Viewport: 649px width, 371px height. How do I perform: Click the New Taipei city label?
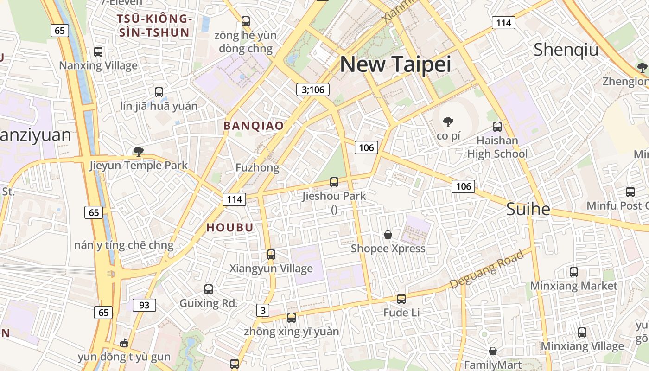[x=395, y=64]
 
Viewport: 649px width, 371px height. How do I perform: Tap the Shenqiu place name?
[x=566, y=50]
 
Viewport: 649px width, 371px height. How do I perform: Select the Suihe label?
[x=528, y=209]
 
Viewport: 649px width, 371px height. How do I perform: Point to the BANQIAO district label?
[x=254, y=126]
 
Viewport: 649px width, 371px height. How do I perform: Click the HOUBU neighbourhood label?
[x=230, y=227]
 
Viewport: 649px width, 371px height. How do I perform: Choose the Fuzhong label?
[x=257, y=167]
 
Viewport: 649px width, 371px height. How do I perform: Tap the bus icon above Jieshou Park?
[x=334, y=182]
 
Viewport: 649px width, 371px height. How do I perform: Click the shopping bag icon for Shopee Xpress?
[x=388, y=235]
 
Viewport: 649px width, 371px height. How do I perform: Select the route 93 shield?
[x=144, y=305]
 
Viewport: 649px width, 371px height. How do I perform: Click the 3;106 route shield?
[x=313, y=90]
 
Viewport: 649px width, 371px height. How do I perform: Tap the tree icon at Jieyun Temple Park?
[x=138, y=151]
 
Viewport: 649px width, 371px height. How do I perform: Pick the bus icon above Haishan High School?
[x=497, y=126]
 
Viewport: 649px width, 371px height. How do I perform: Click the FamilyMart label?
[x=493, y=365]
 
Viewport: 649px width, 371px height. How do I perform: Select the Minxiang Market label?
[x=573, y=286]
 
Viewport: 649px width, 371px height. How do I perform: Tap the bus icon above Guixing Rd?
[x=209, y=289]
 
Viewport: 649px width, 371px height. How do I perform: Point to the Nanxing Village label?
[x=98, y=65]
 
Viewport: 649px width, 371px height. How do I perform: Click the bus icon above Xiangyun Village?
[x=271, y=255]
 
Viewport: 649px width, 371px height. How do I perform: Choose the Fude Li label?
[x=401, y=313]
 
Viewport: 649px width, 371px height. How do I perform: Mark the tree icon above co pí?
[x=448, y=122]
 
